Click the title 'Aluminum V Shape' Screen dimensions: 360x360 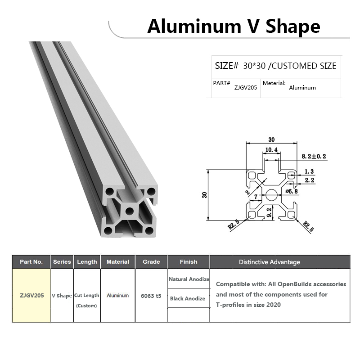[x=234, y=27]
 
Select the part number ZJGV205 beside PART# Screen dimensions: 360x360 [x=246, y=88]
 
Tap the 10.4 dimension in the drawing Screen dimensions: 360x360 [x=271, y=150]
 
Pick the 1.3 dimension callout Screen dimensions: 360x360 [x=309, y=171]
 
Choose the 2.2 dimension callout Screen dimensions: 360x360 [x=309, y=180]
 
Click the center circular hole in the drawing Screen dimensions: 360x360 [x=272, y=195]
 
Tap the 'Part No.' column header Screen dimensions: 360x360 [x=31, y=261]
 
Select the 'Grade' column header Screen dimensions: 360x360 [x=151, y=261]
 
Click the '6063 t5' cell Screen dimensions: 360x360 [x=151, y=296]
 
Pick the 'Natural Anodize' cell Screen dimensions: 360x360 [x=189, y=279]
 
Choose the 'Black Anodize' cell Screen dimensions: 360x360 [x=188, y=298]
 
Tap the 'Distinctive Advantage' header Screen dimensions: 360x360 [x=269, y=262]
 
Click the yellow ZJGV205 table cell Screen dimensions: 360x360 [x=31, y=296]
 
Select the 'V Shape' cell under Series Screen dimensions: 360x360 [x=62, y=296]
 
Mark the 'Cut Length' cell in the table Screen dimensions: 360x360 [x=87, y=296]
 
